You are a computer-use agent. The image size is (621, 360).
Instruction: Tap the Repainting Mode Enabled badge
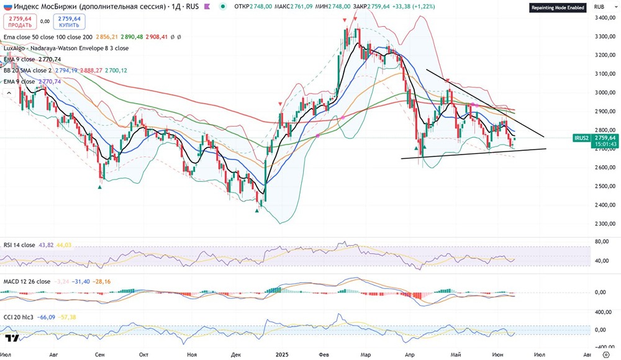[557, 8]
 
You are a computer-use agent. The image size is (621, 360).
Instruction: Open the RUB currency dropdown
[599, 6]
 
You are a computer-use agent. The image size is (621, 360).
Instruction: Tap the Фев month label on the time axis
[324, 354]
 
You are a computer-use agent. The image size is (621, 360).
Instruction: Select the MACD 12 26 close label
[27, 281]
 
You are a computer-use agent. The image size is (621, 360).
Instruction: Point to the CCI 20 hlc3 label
[22, 317]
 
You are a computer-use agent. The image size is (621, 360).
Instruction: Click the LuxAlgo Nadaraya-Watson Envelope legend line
[66, 48]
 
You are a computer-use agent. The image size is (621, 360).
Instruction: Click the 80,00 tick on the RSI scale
[599, 242]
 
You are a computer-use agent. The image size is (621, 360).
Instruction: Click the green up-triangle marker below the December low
[256, 210]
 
